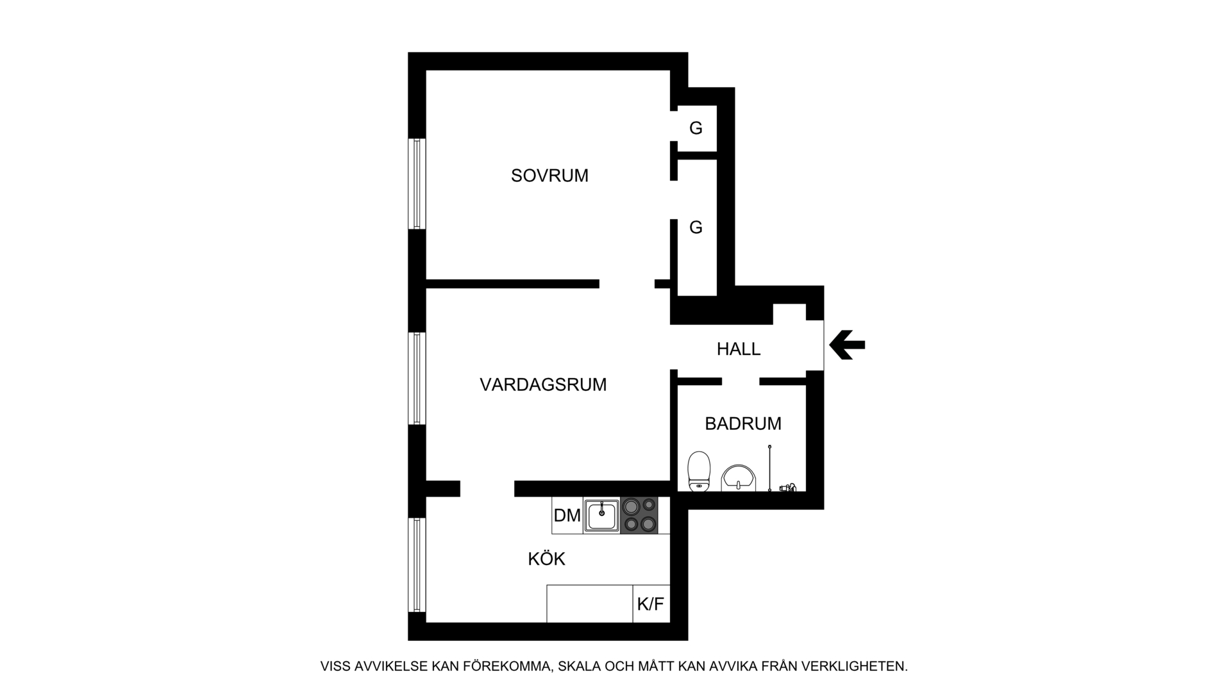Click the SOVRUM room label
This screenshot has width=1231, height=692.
pos(549,176)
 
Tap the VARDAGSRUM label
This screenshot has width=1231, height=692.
pos(543,384)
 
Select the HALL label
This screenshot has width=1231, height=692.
pos(739,349)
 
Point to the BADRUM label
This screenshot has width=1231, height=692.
pos(743,424)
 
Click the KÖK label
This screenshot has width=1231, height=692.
pos(546,559)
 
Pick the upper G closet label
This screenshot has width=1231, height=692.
pos(696,128)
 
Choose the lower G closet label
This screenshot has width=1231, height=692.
pos(696,227)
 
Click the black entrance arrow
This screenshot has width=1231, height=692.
pos(847,345)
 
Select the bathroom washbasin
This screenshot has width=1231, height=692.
pos(739,478)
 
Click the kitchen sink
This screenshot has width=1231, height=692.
pos(601,516)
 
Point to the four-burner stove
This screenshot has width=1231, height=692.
pos(640,516)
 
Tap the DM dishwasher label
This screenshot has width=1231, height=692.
pos(567,515)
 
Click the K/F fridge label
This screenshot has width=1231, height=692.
pos(651,604)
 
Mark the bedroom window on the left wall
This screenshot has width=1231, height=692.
pos(417,184)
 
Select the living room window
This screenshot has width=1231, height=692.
pos(417,378)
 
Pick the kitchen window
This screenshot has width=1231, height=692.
pos(417,564)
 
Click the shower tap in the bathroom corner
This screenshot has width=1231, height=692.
pos(788,487)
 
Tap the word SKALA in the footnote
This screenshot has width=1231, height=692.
pos(580,666)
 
